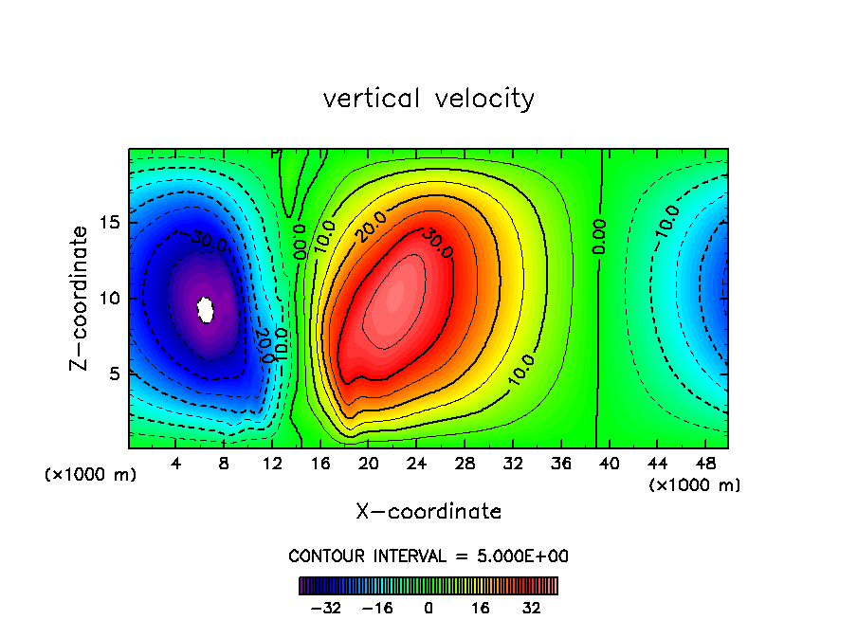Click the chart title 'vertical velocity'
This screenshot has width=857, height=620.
428,99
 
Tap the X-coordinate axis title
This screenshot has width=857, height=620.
428,512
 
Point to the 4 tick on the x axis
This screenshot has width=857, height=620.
176,464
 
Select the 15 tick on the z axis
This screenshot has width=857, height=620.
109,224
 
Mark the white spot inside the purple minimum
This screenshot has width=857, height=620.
205,309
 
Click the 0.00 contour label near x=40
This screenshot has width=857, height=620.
599,236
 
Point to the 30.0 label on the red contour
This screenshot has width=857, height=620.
437,242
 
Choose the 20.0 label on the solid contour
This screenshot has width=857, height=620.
370,227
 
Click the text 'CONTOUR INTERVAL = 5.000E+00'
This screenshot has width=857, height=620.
428,556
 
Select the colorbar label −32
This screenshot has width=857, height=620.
326,609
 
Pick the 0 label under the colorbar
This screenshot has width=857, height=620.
428,609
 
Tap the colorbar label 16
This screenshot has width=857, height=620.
481,609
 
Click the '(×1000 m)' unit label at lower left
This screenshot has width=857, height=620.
91,475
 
